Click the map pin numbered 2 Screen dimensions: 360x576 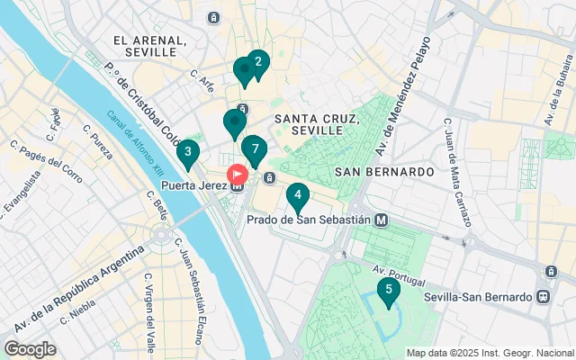[x=258, y=62]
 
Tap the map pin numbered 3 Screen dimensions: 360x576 [x=187, y=152]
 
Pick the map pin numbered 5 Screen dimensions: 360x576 [x=388, y=290]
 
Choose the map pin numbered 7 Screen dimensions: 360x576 [x=256, y=148]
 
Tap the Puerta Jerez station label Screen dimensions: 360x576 [x=194, y=187]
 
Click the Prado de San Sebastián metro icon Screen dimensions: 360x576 [x=382, y=219]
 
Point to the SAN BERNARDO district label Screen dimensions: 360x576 [x=384, y=171]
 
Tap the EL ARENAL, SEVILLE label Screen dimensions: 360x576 [x=149, y=47]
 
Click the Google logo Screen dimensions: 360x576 [x=30, y=348]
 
